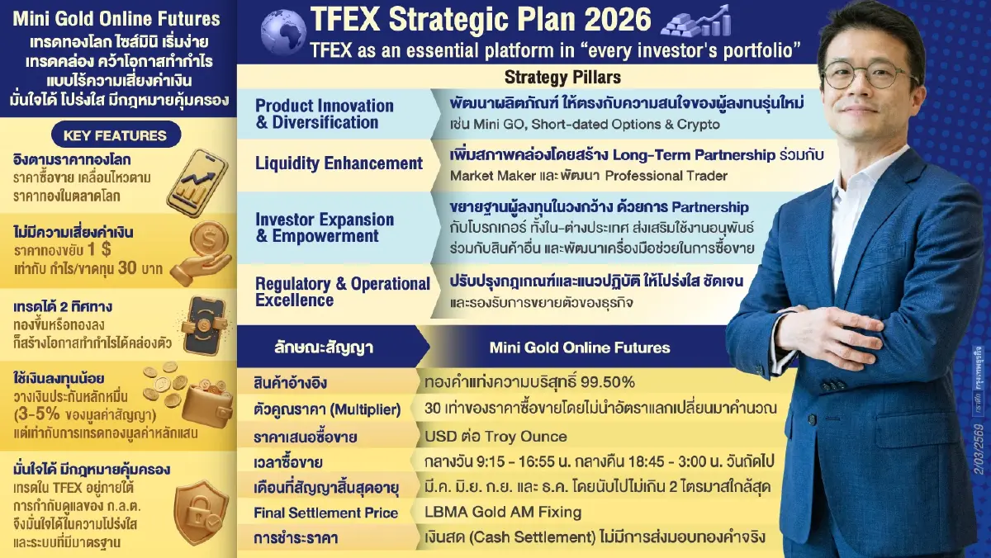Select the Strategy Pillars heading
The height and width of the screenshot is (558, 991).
562,78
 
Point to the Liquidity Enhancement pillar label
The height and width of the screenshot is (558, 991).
339,163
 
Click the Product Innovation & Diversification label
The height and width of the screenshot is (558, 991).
325,114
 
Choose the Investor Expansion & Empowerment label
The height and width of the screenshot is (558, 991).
325,228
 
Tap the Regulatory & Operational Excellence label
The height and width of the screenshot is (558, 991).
342,291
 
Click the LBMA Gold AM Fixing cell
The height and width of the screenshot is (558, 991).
503,513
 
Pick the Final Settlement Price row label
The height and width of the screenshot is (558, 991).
326,513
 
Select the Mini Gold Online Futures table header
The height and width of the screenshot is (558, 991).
579,348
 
